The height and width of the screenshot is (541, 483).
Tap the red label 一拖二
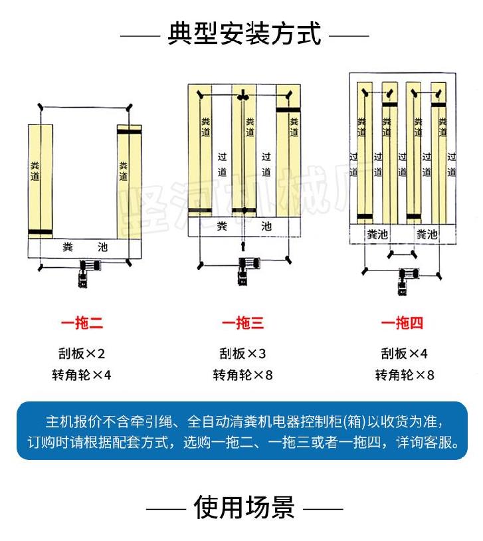82,324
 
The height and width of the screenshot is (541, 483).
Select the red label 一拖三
242,324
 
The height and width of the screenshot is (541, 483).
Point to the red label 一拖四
402,324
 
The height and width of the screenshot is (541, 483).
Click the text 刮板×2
82,354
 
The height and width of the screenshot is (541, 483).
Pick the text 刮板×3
242,354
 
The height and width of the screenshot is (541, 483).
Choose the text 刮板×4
404,354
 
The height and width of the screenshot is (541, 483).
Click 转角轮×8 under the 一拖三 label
242,376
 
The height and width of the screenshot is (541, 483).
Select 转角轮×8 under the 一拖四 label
404,376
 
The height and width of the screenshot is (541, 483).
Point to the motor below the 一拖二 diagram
86,273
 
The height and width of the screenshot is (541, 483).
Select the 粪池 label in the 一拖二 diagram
84,247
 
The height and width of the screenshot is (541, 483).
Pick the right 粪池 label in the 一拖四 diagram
427,235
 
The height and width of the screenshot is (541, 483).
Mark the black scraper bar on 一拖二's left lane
40,233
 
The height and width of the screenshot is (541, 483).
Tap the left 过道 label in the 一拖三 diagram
223,164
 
